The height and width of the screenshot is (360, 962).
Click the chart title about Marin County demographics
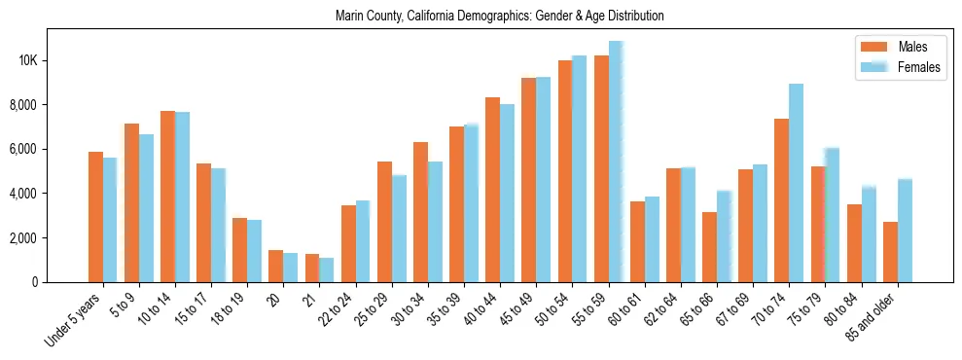499,17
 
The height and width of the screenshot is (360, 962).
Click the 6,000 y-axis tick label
50,149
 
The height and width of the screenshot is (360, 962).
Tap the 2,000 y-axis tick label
50,238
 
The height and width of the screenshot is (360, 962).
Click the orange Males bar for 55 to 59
601,169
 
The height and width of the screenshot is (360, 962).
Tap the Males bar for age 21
312,269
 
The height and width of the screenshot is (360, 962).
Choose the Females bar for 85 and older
905,231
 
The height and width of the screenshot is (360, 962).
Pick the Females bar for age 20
290,268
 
